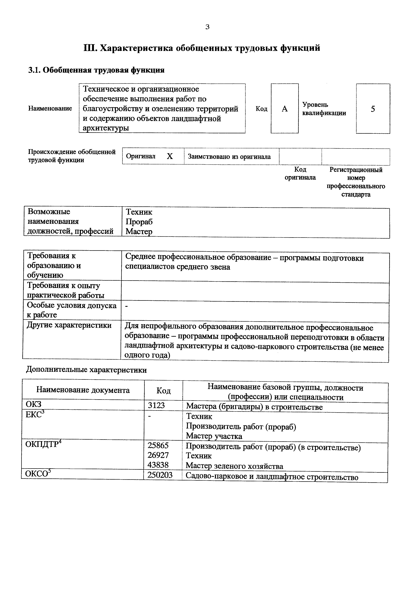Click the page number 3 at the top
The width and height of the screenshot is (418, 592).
(208, 27)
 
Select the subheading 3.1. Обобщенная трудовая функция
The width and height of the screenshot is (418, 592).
(96, 70)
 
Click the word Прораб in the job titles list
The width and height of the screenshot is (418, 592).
(139, 222)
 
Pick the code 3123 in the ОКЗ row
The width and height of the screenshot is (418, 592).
(156, 406)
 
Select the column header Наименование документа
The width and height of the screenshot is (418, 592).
(83, 390)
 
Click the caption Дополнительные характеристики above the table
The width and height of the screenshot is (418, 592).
(87, 370)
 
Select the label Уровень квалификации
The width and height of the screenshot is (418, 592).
(324, 109)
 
